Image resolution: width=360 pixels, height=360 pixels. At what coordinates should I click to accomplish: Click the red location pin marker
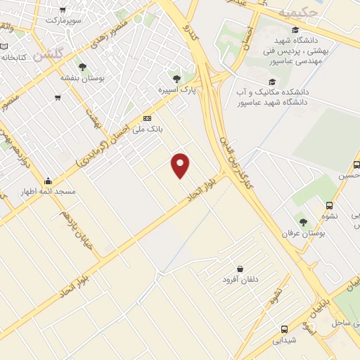(x=181, y=165)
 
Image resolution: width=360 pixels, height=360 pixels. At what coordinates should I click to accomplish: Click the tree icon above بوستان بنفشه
(x=82, y=67)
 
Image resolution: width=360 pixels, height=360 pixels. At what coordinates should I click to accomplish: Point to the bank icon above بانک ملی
(x=147, y=118)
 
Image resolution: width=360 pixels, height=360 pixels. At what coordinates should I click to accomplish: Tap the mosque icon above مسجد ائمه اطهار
(x=48, y=181)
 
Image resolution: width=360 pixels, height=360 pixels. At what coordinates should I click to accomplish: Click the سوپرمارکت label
(x=65, y=20)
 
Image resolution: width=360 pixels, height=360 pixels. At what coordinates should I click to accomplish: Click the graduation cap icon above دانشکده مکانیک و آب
(x=271, y=82)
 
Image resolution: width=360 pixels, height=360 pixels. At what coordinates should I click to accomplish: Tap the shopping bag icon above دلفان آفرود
(x=240, y=269)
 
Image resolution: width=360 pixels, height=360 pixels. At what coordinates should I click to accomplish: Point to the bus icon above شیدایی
(x=284, y=328)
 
